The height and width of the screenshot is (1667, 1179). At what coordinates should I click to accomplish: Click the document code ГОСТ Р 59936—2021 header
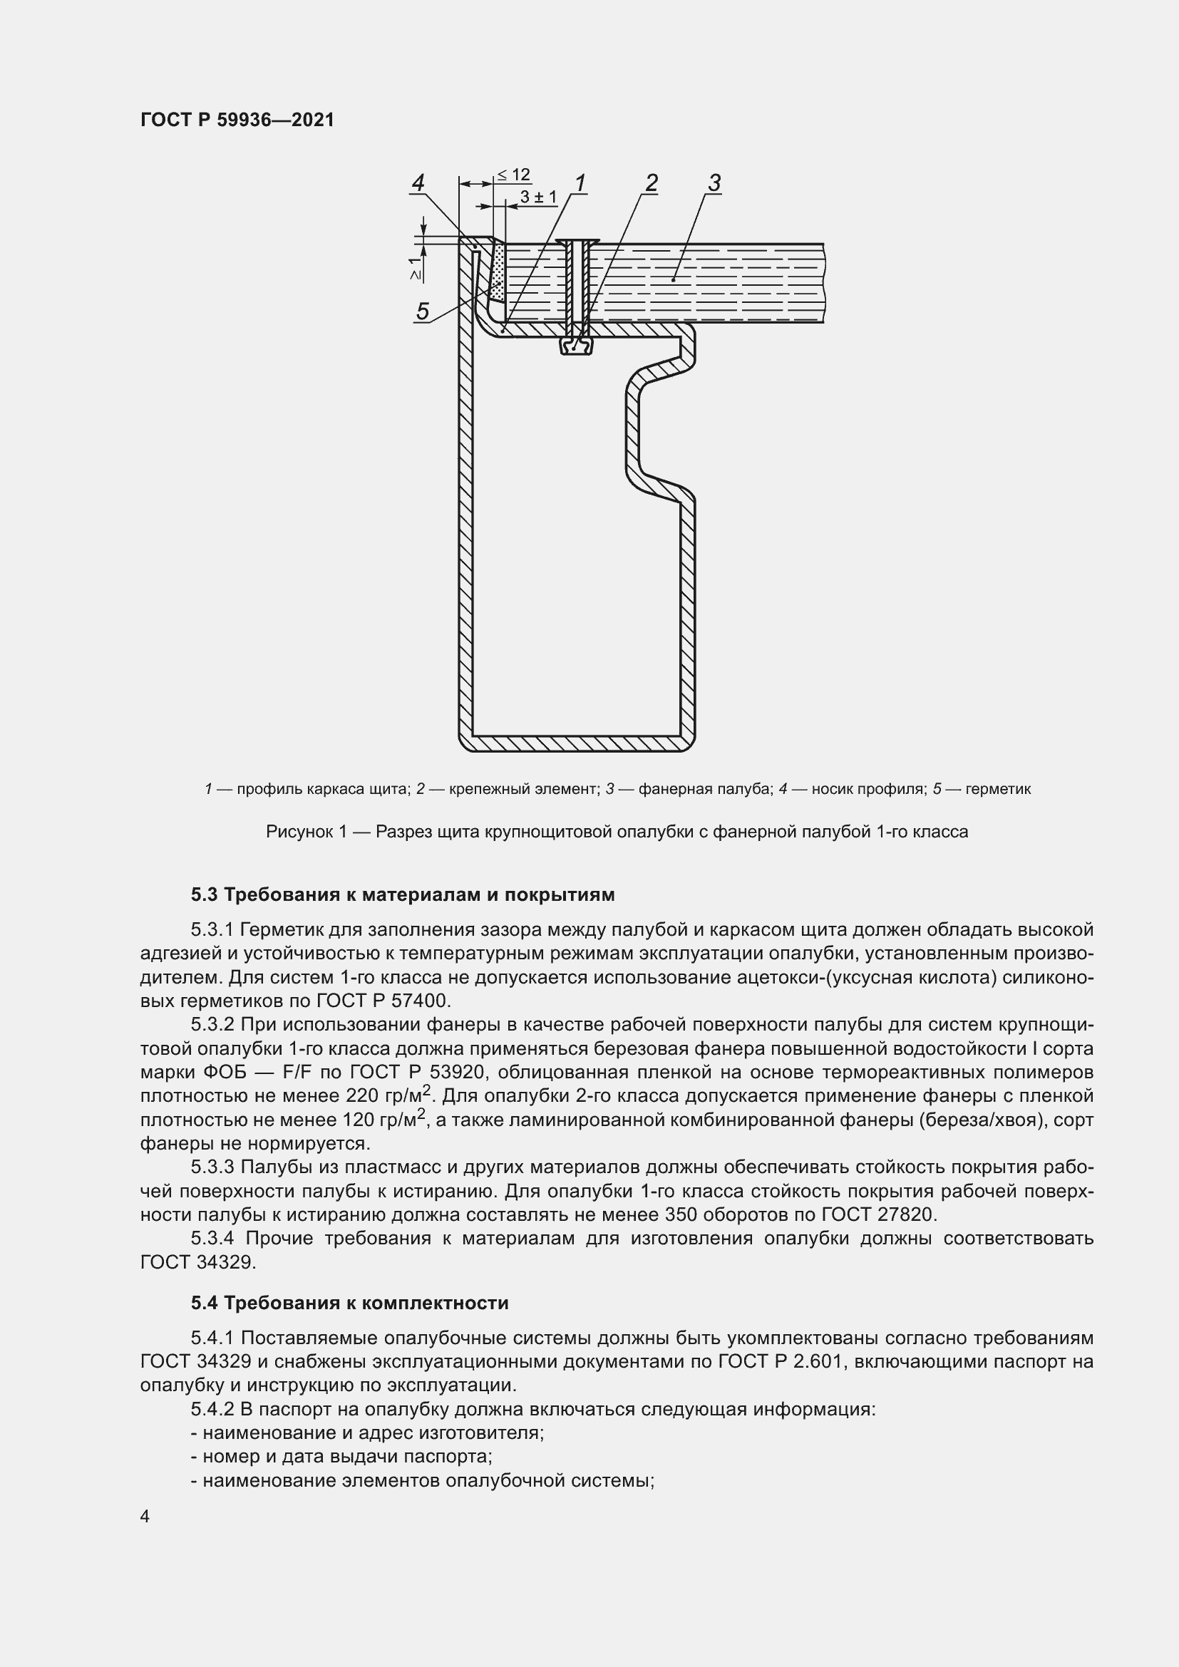click(237, 120)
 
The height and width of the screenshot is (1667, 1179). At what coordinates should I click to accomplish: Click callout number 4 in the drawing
click(418, 183)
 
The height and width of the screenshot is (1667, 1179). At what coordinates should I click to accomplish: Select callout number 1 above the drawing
click(580, 183)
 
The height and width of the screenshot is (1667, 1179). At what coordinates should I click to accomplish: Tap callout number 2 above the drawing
click(652, 183)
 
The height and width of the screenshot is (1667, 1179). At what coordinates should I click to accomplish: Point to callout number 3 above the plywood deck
click(714, 183)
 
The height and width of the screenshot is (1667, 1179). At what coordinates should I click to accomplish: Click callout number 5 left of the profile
click(423, 311)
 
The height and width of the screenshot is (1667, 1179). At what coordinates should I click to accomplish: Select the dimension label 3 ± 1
click(538, 197)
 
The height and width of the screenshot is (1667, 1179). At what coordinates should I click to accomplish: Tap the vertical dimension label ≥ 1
click(415, 269)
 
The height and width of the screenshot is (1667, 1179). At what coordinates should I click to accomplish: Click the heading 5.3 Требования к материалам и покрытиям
click(403, 894)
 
